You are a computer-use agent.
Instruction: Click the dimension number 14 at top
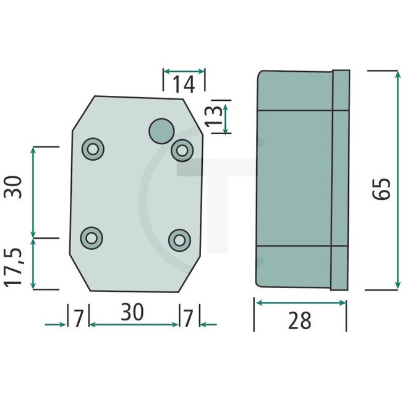click(x=184, y=84)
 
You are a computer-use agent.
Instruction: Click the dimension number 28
click(x=299, y=320)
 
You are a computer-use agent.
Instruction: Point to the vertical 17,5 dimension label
click(x=15, y=266)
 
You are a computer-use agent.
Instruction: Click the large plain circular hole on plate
click(x=161, y=130)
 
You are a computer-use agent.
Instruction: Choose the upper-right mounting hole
click(x=182, y=149)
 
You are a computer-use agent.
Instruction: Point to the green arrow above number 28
click(x=301, y=303)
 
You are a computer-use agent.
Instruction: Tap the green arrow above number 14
click(x=184, y=71)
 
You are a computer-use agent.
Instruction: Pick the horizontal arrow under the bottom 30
click(x=134, y=324)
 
